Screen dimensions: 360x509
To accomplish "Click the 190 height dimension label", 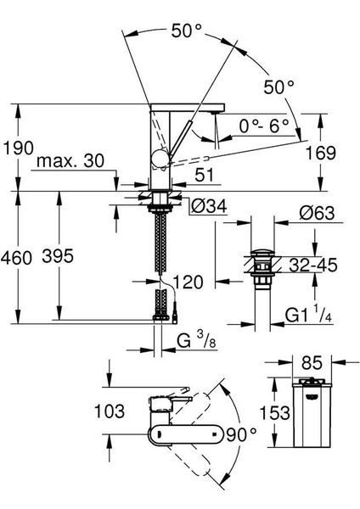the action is tap(18, 148).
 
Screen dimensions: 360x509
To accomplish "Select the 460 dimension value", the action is tap(16, 258).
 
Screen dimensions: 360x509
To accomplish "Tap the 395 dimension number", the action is tap(58, 256).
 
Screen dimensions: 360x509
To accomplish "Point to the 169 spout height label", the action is tap(321, 153).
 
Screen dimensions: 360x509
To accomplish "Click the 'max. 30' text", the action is tap(70, 160).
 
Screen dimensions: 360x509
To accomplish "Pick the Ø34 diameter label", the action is tap(209, 206).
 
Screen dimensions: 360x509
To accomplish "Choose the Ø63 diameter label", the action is tap(317, 213).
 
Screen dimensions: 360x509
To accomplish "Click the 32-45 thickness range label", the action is tap(313, 265).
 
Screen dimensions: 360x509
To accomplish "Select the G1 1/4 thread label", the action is tap(309, 314).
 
